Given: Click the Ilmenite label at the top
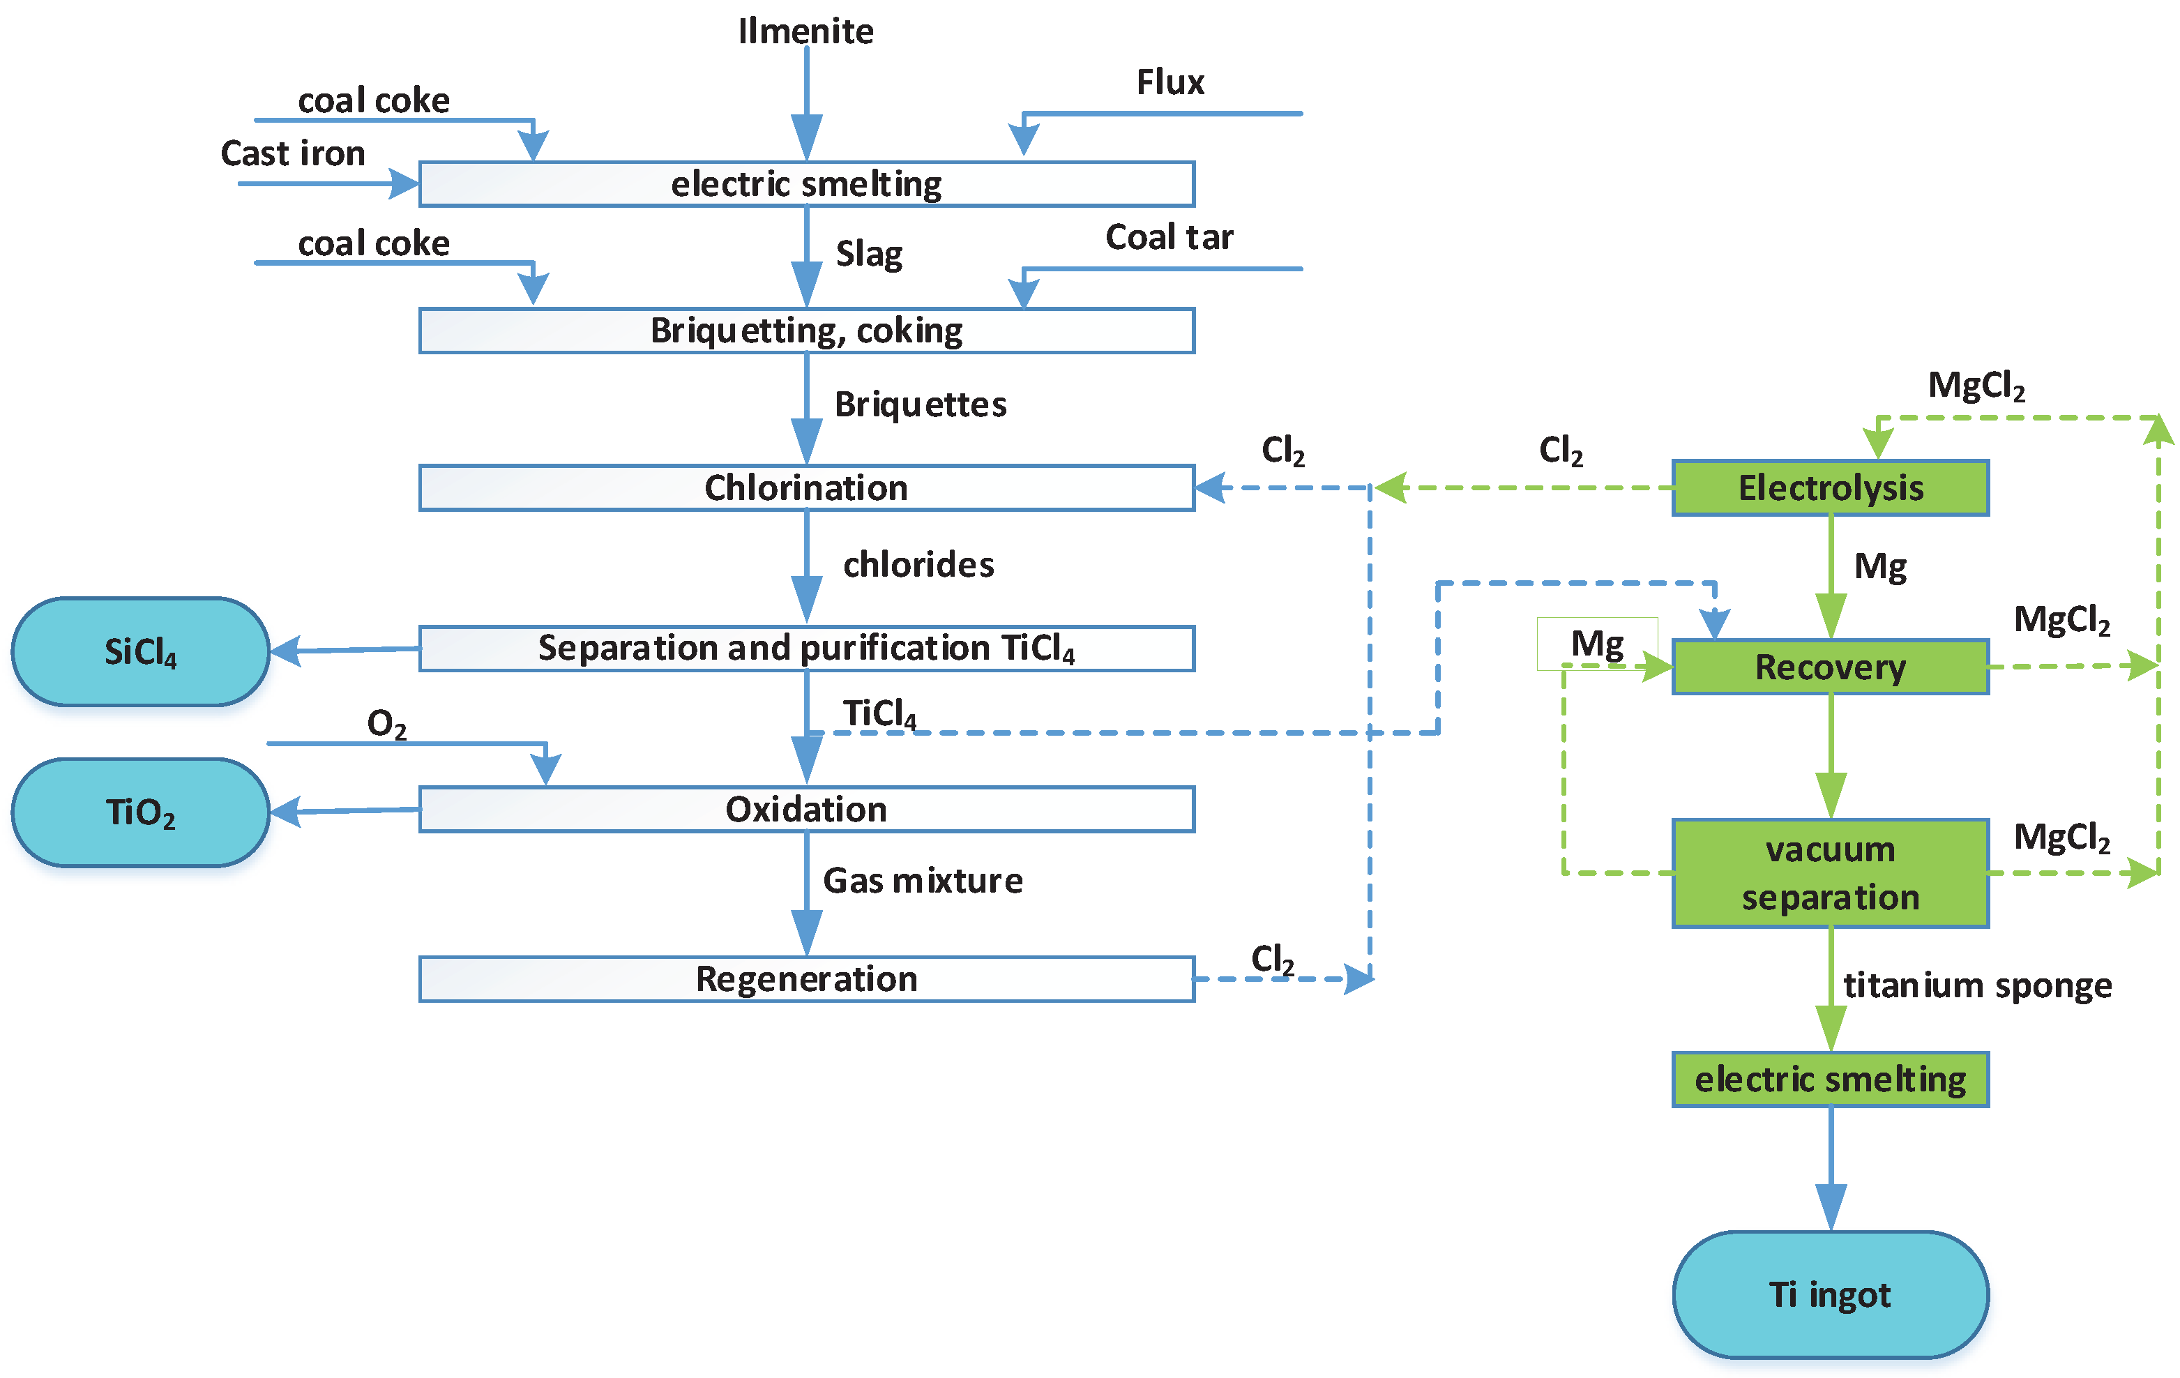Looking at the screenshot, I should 805,31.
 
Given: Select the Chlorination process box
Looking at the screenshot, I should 805,488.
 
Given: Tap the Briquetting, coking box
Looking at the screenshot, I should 805,331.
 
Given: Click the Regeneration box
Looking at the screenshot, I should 805,978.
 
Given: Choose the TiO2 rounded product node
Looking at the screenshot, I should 140,812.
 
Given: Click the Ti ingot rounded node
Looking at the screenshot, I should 1830,1295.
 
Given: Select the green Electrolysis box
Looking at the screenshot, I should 1830,488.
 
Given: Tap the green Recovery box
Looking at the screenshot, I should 1830,667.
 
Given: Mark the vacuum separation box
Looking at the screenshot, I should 1830,874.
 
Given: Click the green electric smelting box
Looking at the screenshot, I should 1830,1080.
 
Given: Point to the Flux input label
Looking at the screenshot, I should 1171,82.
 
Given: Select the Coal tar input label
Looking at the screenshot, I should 1169,237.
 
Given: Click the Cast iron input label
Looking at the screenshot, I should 292,153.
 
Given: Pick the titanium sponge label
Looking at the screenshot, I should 1977,985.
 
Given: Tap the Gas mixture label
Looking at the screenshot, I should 923,880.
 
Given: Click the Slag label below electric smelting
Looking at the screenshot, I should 869,254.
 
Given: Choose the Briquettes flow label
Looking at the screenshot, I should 920,404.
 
